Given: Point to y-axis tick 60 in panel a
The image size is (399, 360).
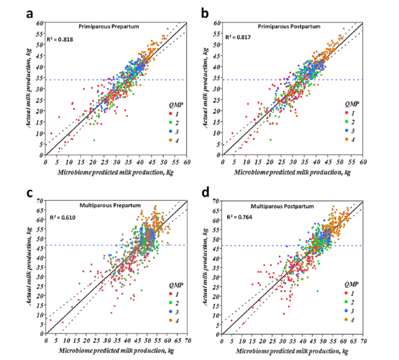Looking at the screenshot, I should pos(40,24).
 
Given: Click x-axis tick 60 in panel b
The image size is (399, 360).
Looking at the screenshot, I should pos(363,161).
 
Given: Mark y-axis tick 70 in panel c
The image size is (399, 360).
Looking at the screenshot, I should pos(40,201).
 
